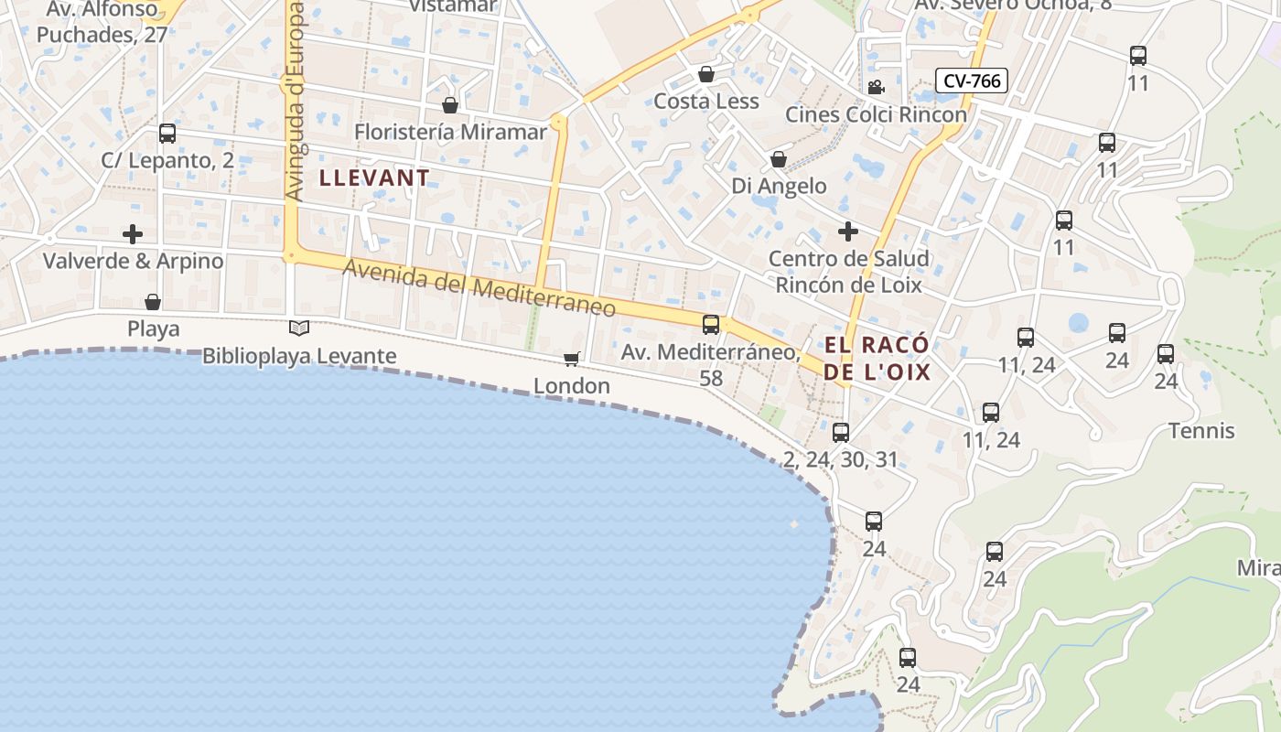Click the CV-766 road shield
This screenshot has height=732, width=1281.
[x=971, y=81]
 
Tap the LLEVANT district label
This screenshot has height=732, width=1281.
[x=374, y=178]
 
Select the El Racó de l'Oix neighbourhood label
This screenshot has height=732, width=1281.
[x=877, y=358]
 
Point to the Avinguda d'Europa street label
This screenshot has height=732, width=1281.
[x=294, y=101]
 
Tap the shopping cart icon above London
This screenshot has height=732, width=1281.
[x=572, y=359]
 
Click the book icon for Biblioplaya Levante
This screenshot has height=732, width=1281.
[x=299, y=328]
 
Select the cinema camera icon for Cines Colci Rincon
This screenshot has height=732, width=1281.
[x=876, y=87]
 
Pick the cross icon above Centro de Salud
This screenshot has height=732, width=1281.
[x=848, y=231]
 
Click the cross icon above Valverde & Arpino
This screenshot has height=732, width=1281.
[x=133, y=233]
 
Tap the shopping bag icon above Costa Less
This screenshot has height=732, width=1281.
[x=706, y=73]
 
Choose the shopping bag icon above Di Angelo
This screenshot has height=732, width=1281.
[x=779, y=159]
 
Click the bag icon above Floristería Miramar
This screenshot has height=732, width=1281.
[x=449, y=105]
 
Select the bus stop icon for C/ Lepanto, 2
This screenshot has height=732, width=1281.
[x=167, y=134]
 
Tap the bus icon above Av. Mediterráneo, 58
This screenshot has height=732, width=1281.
[x=710, y=324]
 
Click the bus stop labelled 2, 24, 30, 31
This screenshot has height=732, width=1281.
[x=841, y=432]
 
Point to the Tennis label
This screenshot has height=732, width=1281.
[x=1201, y=430]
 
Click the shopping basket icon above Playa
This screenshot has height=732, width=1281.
[x=153, y=301]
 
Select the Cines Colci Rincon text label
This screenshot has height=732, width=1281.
[x=876, y=114]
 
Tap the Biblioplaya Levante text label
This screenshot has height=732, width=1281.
[x=299, y=356]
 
